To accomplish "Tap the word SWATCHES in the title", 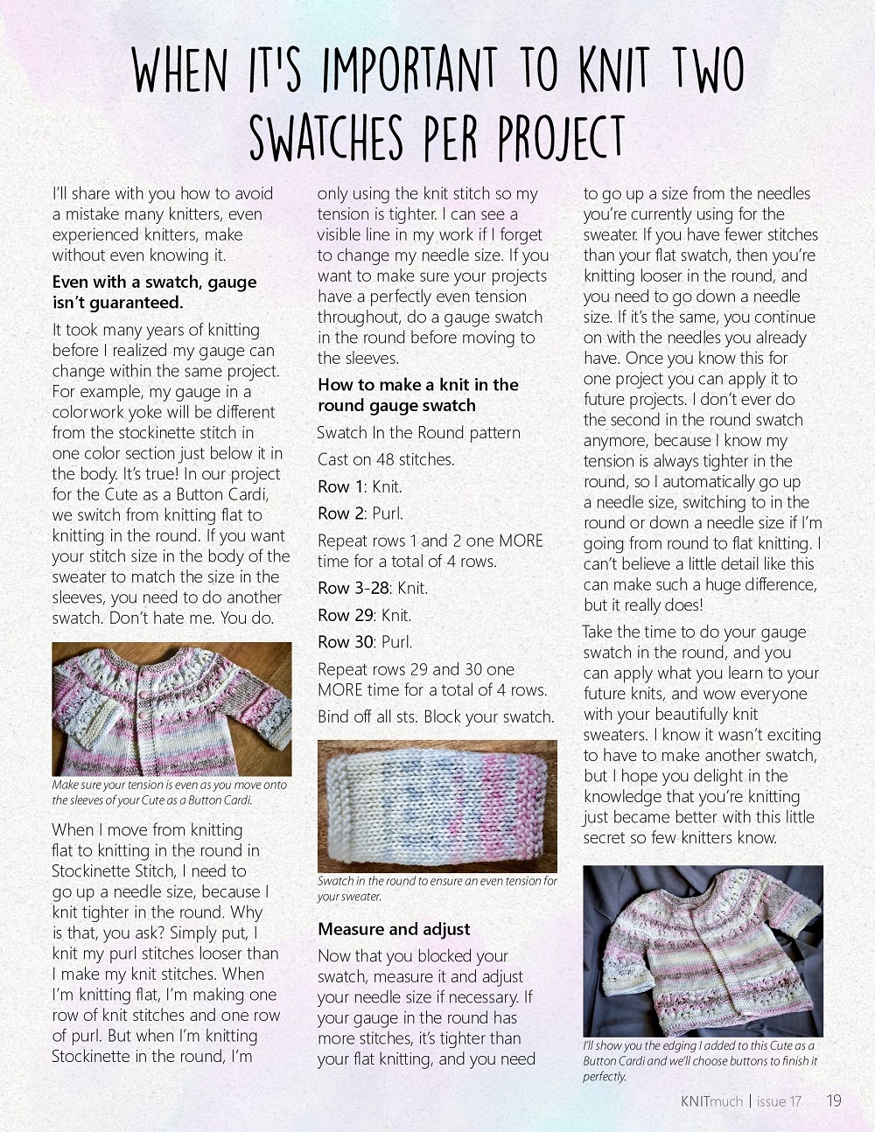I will pos(326,138).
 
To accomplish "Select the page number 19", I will pos(833,1101).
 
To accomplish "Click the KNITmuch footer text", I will pos(710,1101).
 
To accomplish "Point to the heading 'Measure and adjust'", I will pos(394,929).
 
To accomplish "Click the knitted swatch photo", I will pos(437,805).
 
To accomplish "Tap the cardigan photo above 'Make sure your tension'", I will pos(171,709).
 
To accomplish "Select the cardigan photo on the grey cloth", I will pos(703,950).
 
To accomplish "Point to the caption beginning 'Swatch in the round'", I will pos(437,888).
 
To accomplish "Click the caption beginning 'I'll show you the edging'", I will pos(700,1060).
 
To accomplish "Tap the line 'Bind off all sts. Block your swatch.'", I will pos(436,716).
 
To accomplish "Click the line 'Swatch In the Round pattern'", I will pos(418,432).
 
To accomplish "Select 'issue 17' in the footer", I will pos(779,1101).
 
